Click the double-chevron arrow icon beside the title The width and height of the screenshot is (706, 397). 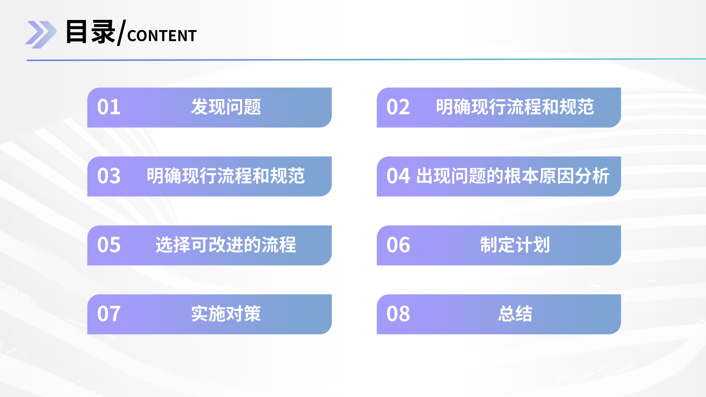tap(41, 35)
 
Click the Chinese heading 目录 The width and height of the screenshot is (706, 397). tap(91, 32)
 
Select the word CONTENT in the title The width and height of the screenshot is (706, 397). tap(162, 36)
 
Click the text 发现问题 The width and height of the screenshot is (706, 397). tap(226, 107)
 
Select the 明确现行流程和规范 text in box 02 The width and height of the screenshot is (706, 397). tap(515, 107)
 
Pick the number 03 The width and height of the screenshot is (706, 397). tap(109, 176)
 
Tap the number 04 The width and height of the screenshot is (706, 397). tap(398, 176)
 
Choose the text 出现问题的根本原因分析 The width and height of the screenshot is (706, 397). tap(513, 176)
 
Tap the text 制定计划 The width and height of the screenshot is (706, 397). tap(515, 245)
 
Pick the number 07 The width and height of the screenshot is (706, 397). tap(109, 314)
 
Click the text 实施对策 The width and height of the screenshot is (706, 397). tap(226, 314)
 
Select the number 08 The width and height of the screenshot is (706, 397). tap(398, 314)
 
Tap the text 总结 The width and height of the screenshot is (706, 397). tap(515, 314)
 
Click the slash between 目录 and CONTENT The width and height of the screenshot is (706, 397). tap(121, 33)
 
